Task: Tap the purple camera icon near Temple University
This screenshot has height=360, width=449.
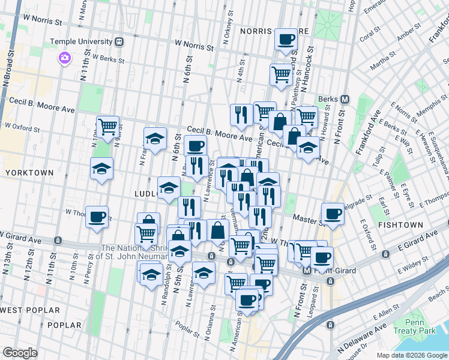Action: point(64,58)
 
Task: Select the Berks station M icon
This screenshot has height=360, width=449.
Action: point(345,99)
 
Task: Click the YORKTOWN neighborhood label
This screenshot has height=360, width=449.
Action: point(27,172)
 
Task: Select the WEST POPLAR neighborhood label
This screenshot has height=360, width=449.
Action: point(30,310)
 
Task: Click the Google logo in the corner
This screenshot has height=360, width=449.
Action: point(20,353)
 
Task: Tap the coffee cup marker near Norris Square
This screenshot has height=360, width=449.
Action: point(286,40)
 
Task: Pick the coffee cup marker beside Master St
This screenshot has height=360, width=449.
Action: point(332,213)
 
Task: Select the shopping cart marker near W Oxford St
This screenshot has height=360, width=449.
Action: point(107,127)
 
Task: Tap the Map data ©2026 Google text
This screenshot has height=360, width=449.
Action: point(412,355)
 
